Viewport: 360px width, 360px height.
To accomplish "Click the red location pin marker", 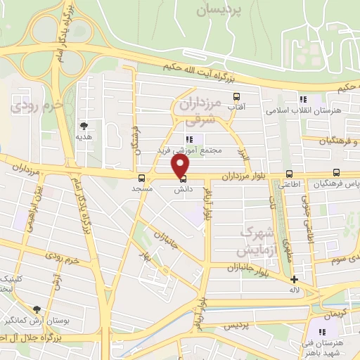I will (181, 166).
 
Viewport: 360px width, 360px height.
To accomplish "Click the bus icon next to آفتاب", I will (236, 96).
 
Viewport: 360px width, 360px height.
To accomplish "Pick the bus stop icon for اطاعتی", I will (289, 174).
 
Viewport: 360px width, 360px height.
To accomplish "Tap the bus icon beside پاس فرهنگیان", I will (336, 173).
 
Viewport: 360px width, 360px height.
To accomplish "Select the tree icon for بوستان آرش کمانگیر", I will (37, 309).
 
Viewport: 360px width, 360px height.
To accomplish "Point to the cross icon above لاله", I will (294, 279).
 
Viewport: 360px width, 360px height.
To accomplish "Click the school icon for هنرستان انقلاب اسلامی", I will (304, 100).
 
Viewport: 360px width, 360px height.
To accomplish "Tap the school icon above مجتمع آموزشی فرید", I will (189, 139).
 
